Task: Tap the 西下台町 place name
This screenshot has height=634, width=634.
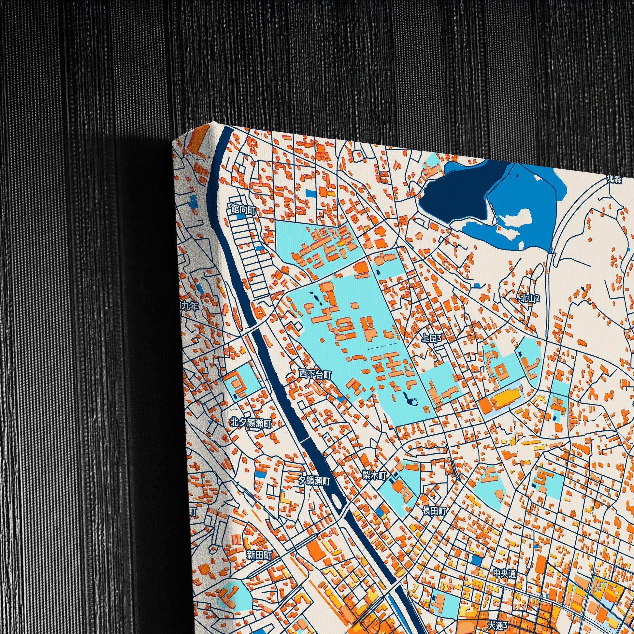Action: coord(315,373)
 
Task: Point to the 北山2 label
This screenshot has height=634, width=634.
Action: coord(530,298)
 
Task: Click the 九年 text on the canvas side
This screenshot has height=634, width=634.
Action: coord(190,306)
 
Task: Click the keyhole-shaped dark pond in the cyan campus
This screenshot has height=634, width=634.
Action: coord(409,399)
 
